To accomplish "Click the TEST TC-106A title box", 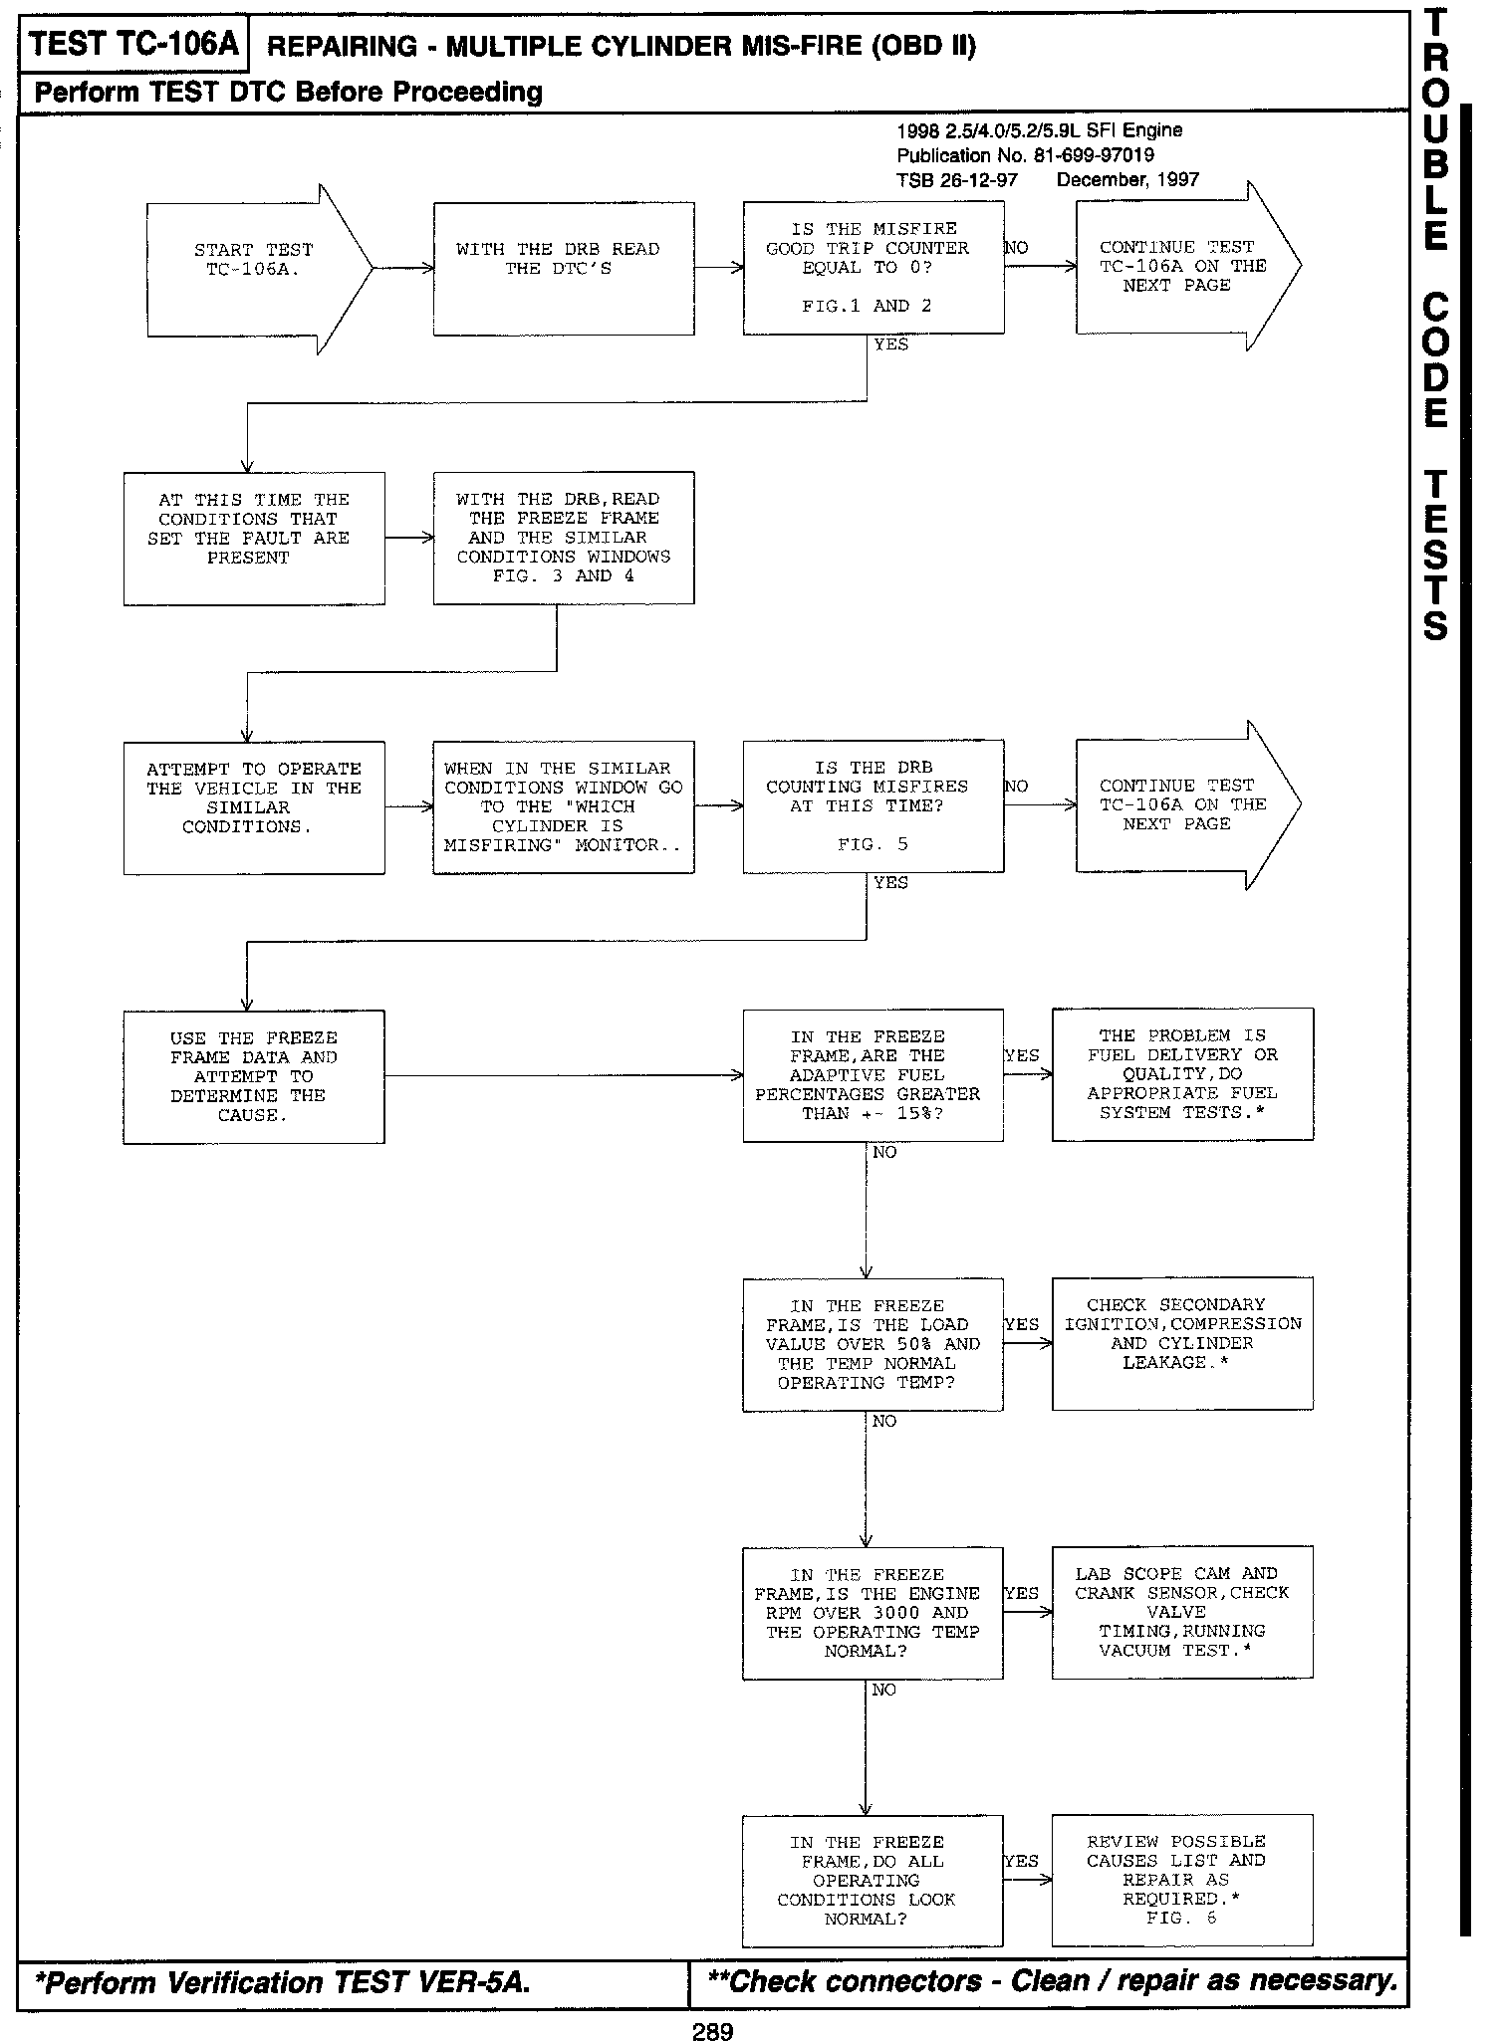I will click(x=133, y=45).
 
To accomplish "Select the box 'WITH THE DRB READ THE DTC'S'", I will click(x=564, y=269).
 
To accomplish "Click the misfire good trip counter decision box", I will click(x=873, y=267).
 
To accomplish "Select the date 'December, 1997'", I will click(x=1127, y=180).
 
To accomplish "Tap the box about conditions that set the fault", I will click(x=254, y=538).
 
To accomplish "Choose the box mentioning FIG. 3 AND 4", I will click(x=564, y=538).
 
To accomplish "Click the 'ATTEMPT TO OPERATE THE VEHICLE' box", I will click(x=254, y=806).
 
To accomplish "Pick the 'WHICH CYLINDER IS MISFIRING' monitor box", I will click(x=564, y=806).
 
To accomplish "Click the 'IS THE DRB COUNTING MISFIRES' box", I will click(x=873, y=806).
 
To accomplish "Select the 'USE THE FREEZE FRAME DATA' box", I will click(x=254, y=1076).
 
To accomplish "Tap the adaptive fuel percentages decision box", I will click(x=873, y=1075).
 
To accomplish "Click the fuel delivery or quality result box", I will click(x=1182, y=1074).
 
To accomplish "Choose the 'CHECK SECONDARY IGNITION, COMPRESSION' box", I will click(x=1182, y=1343).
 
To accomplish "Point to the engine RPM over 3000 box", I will click(x=873, y=1613).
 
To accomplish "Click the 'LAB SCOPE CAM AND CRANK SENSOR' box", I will click(x=1182, y=1612).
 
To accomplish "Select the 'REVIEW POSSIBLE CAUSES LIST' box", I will click(x=1182, y=1881).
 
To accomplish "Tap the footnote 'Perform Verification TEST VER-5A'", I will click(x=284, y=1982).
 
